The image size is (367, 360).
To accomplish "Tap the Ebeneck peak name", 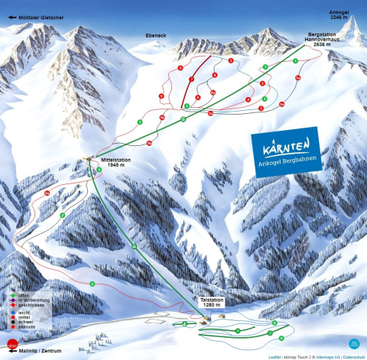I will click(x=155, y=35).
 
